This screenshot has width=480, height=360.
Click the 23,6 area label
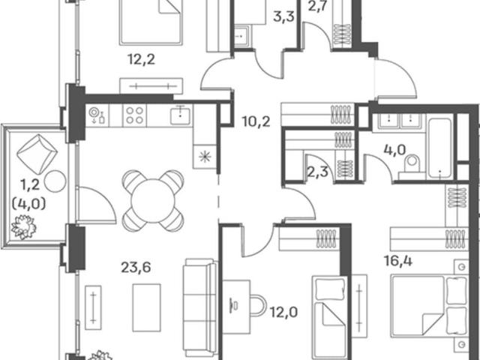[x=136, y=267]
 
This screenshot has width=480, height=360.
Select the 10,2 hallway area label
[x=256, y=121]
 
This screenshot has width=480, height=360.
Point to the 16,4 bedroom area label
[x=398, y=261]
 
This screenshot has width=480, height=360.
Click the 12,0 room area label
[x=283, y=313]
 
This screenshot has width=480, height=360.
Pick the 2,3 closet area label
[x=317, y=172]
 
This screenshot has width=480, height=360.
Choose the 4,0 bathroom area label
[x=395, y=150]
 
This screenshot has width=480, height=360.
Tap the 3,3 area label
[x=283, y=16]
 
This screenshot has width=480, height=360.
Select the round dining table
[x=153, y=200]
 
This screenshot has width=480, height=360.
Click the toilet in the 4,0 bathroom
[x=412, y=165]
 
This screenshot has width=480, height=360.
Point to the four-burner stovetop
[x=134, y=115]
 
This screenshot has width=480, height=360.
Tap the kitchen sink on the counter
[x=181, y=115]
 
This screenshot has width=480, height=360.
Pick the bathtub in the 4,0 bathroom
[x=440, y=148]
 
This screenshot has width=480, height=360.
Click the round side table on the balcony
[x=55, y=181]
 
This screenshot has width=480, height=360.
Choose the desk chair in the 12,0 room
[x=258, y=305]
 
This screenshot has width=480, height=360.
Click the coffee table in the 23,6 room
[x=147, y=307]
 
